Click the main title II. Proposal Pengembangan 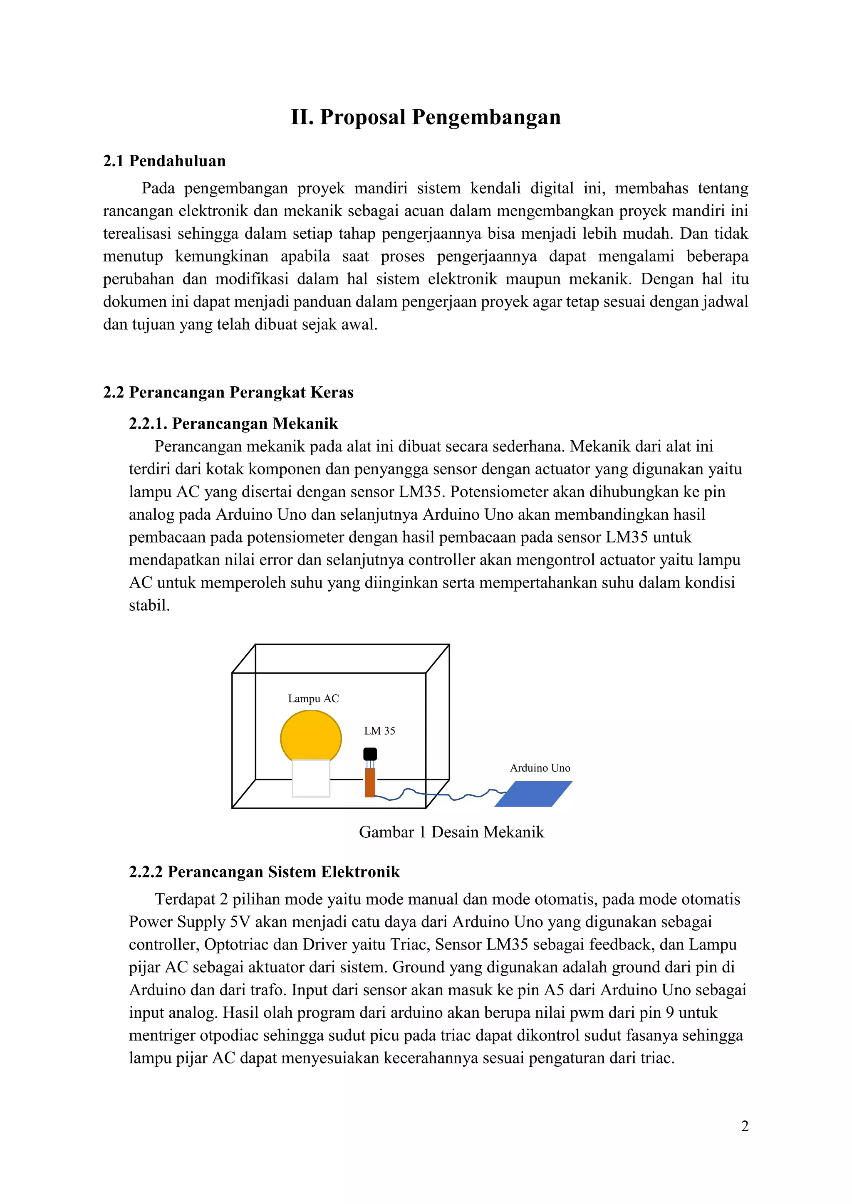coord(426,117)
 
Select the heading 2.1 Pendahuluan coord(164,161)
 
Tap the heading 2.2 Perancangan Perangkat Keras coord(228,392)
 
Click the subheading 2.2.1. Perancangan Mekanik coord(233,423)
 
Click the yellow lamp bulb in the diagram coord(311,734)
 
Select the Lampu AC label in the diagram coord(313,698)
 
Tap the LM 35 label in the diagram coord(379,730)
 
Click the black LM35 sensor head coord(370,754)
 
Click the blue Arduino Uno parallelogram coord(533,793)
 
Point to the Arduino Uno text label coord(540,768)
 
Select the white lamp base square coord(311,778)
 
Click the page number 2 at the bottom coord(744,1126)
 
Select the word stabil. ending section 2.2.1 coord(149,606)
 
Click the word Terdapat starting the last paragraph coord(185,899)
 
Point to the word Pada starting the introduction coord(158,188)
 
